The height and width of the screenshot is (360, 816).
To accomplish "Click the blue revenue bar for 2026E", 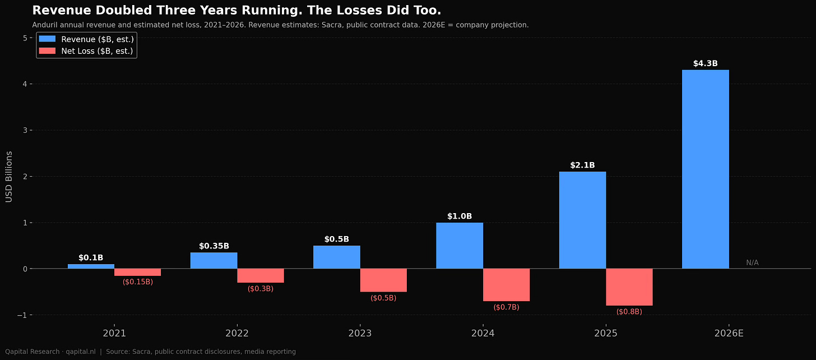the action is click(705, 169).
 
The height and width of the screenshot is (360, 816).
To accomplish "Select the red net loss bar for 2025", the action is click(629, 287).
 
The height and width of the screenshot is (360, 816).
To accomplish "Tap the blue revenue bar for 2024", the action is click(460, 246).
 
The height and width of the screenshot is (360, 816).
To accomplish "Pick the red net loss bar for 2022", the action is click(261, 276).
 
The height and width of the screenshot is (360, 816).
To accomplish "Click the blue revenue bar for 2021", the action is click(91, 266).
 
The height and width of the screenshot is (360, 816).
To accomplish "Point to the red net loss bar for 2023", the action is click(383, 280).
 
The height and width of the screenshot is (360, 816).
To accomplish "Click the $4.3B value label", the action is click(705, 63).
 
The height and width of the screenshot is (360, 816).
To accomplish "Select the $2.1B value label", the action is click(582, 165).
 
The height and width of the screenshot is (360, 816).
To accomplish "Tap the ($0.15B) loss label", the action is click(138, 281).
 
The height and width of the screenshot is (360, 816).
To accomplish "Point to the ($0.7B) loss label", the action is click(507, 307).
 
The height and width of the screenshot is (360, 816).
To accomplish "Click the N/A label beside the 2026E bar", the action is click(752, 263).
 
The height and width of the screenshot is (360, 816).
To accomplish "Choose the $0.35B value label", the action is click(214, 246).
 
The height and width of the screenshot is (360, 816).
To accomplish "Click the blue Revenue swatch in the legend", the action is click(47, 39).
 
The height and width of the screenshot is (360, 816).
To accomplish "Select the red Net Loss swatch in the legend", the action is click(47, 51).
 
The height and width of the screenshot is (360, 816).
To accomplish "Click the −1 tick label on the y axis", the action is click(22, 315).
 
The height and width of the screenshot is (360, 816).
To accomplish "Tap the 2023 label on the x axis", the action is click(360, 334).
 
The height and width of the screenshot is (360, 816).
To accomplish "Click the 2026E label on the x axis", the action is click(729, 334).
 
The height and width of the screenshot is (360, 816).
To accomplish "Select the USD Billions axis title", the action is click(9, 177).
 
